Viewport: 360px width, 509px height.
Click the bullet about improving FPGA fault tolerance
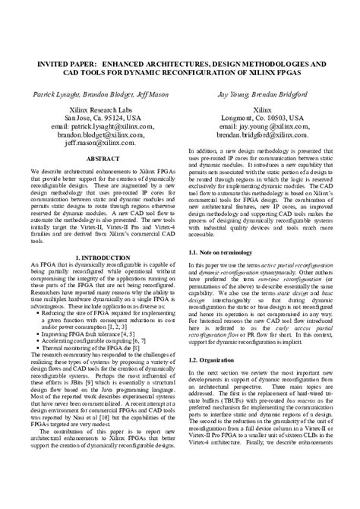pyautogui.click(x=91, y=331)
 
